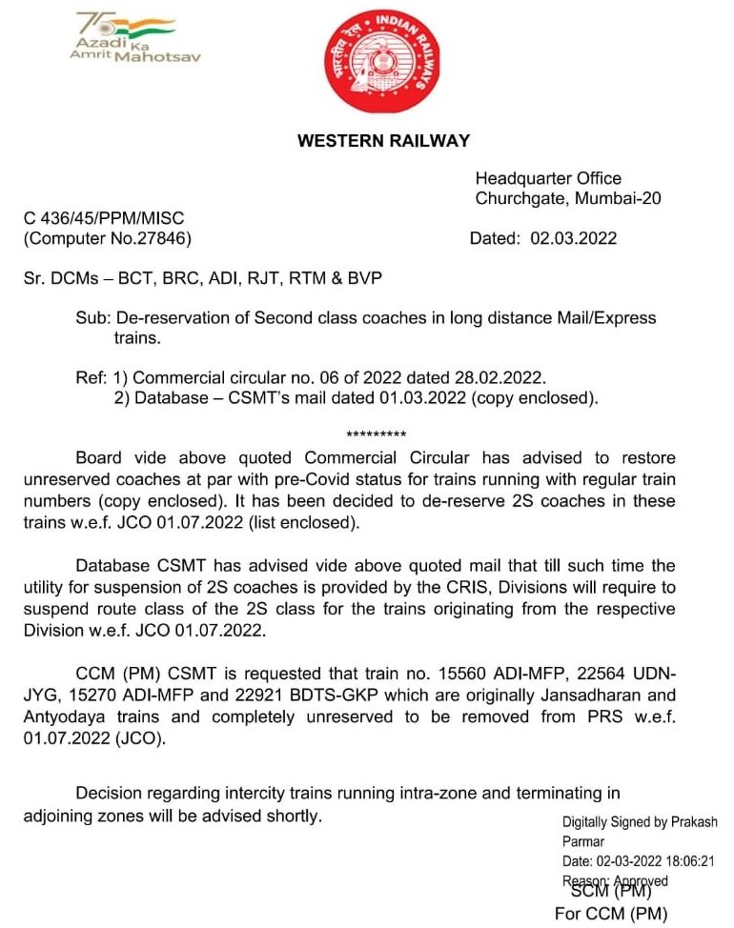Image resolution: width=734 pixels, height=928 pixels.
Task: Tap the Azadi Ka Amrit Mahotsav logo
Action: [x=123, y=39]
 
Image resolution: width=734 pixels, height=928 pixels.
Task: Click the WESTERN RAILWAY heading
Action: [x=383, y=141]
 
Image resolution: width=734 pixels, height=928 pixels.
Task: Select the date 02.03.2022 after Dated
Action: [x=573, y=238]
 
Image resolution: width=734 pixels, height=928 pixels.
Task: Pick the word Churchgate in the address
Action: [x=517, y=198]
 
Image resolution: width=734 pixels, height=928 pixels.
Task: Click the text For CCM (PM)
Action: [x=611, y=915]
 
